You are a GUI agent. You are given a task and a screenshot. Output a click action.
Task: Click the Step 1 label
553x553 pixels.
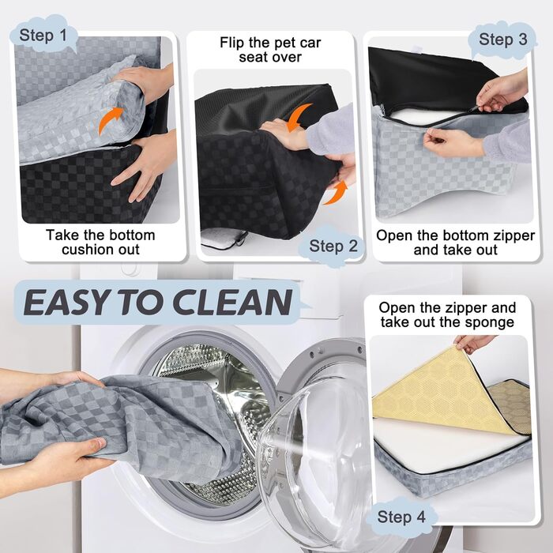tap(48, 36)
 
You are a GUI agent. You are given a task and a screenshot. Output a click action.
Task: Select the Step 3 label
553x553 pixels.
tap(502, 39)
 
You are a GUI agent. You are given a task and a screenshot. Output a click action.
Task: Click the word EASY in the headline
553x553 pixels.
tap(73, 302)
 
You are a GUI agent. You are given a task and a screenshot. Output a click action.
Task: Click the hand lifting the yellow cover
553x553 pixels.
tap(475, 342)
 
